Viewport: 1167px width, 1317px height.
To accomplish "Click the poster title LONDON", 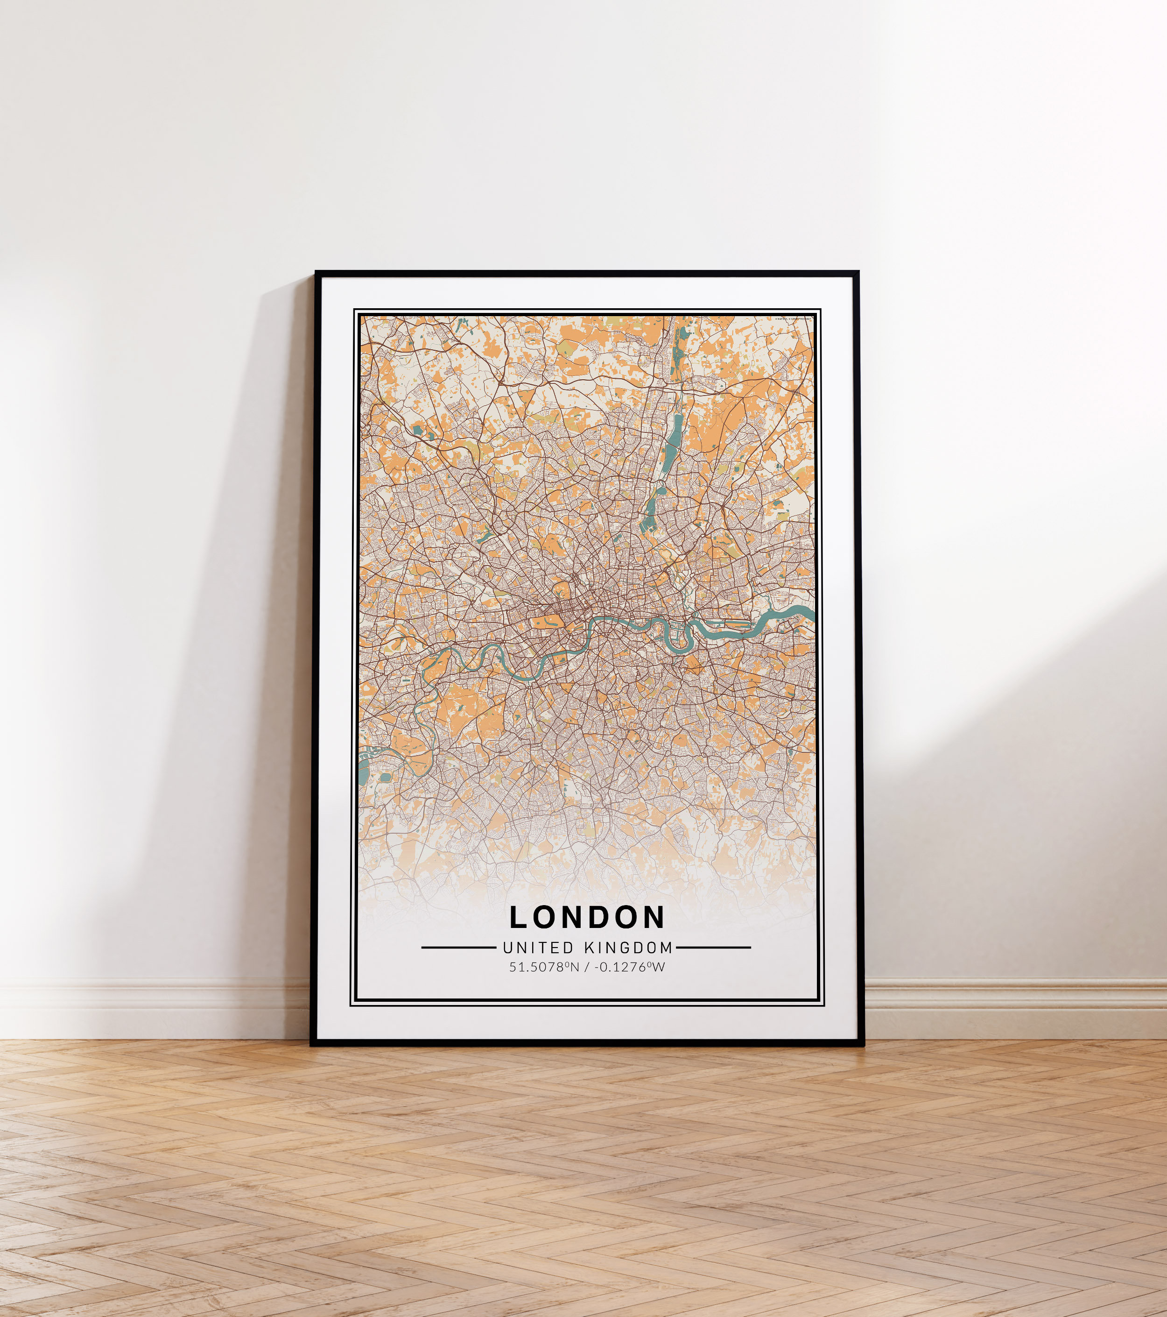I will pos(587,918).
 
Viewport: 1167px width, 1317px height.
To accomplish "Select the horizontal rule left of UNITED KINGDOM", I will pos(458,948).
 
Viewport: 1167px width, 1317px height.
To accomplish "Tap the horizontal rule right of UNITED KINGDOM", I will pos(714,948).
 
